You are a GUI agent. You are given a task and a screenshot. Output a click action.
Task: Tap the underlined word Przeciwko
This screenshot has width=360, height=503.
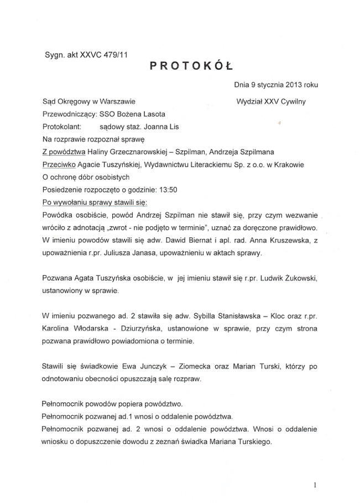click(60, 164)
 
